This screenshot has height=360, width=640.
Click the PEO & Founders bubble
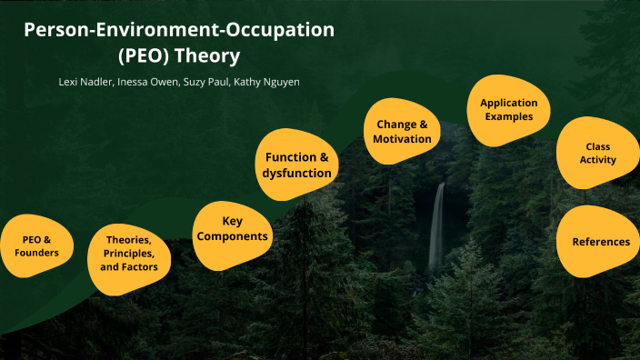click(36, 245)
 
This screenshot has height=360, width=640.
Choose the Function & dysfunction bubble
click(292, 165)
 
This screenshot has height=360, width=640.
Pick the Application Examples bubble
click(508, 110)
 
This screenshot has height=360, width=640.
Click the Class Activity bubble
click(597, 153)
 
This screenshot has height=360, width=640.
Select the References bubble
click(600, 242)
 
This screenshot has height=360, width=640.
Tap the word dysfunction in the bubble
click(292, 173)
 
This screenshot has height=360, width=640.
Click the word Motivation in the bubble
click(402, 139)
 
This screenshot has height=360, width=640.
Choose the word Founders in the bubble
click(36, 252)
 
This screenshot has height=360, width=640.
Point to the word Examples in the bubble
click(508, 117)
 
